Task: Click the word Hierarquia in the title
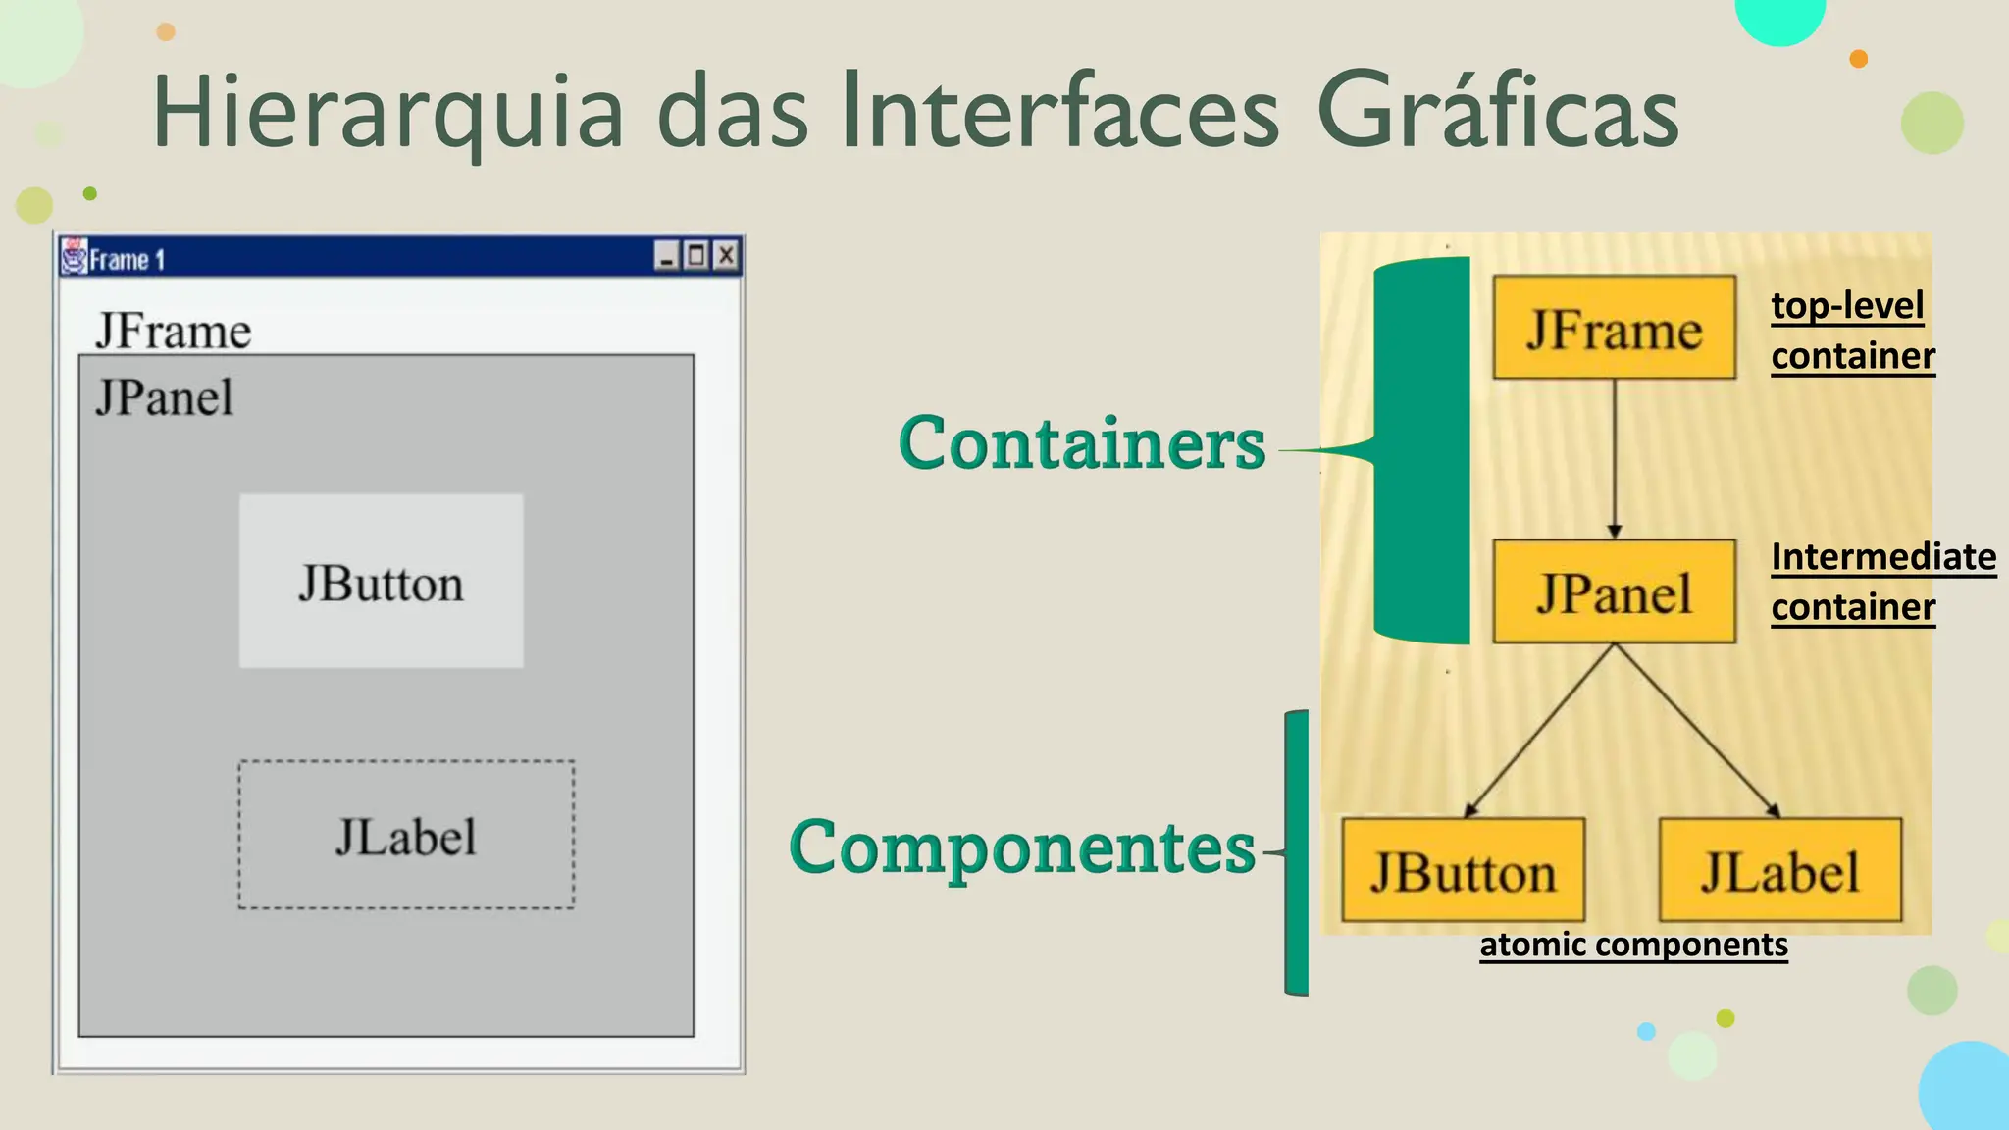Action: coord(387,112)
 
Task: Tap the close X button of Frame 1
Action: coord(726,256)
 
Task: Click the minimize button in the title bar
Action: coord(666,257)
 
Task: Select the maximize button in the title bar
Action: coord(696,256)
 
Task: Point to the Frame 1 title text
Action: coord(127,260)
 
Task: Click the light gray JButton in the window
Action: coord(381,582)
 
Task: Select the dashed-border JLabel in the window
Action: coord(406,835)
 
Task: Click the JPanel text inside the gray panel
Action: coord(164,398)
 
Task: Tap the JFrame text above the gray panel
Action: coord(173,332)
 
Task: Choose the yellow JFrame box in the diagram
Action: coord(1614,328)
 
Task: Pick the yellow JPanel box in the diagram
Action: coord(1614,591)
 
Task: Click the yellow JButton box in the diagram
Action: coord(1463,870)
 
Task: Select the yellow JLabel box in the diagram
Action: coord(1779,870)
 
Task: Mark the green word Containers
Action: coord(1081,443)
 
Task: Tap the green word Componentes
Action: coord(1021,847)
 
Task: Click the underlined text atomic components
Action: coord(1633,945)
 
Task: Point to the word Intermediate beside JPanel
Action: coord(1883,557)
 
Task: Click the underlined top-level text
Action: coord(1847,305)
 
